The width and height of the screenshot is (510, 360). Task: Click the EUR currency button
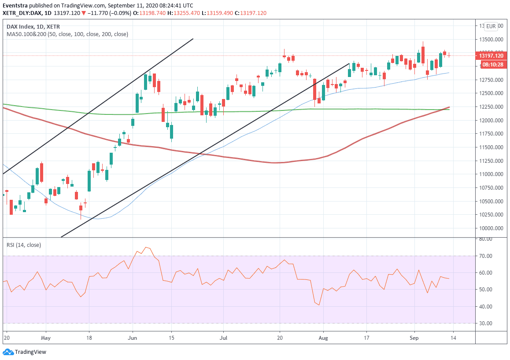click(491, 26)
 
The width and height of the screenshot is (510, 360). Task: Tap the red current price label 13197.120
click(491, 56)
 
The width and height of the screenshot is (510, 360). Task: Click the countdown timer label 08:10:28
click(492, 65)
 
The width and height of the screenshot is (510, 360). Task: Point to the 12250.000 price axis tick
click(492, 107)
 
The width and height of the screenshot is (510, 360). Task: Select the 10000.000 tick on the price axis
click(492, 228)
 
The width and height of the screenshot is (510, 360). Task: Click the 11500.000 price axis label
click(492, 147)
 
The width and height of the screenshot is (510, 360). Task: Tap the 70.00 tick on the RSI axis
click(486, 256)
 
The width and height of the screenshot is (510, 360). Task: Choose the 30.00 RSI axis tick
click(486, 323)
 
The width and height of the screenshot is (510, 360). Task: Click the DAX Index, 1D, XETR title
click(33, 26)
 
